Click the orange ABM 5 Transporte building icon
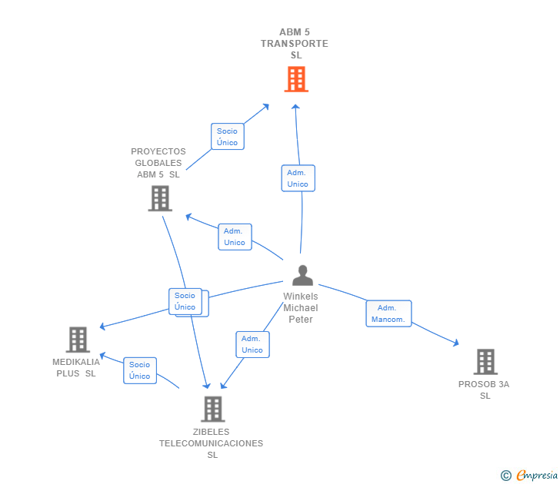(x=296, y=79)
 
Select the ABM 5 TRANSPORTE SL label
(x=295, y=44)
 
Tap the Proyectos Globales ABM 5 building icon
(x=159, y=198)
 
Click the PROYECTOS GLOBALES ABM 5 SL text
(x=158, y=163)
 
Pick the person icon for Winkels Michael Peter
(x=302, y=276)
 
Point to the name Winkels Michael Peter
(x=301, y=308)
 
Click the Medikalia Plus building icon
(x=78, y=340)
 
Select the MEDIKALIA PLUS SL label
(x=75, y=368)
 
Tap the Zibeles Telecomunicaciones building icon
(x=213, y=409)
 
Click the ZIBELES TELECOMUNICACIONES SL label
(x=212, y=443)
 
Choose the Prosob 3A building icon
(x=485, y=361)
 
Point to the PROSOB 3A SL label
(x=484, y=390)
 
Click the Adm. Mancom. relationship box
(x=388, y=313)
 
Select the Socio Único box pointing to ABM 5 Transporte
(x=227, y=137)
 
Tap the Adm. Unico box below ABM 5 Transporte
(x=298, y=178)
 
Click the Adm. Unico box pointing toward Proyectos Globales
(x=235, y=237)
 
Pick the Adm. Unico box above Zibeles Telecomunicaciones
(x=252, y=344)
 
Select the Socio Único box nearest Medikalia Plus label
(x=140, y=370)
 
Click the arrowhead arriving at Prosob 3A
(x=455, y=343)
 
